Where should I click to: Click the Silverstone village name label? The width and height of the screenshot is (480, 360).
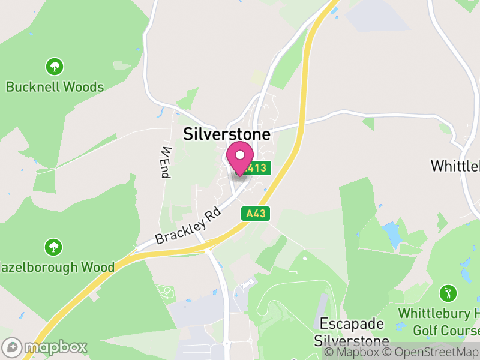click(227, 134)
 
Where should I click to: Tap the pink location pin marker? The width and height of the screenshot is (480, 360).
click(240, 159)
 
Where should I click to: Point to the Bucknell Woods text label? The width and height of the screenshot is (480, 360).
click(55, 87)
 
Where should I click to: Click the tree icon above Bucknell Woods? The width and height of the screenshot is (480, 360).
click(55, 65)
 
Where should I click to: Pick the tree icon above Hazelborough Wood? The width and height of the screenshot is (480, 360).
click(54, 246)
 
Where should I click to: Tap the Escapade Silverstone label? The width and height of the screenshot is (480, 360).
click(351, 332)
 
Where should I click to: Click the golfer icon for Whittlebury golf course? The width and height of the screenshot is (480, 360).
click(447, 293)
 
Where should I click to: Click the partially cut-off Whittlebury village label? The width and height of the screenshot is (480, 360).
click(455, 165)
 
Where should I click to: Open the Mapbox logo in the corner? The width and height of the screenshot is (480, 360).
click(45, 347)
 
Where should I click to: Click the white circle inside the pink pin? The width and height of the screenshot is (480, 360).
click(240, 155)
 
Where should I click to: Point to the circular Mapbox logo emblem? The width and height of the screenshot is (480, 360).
click(13, 347)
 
